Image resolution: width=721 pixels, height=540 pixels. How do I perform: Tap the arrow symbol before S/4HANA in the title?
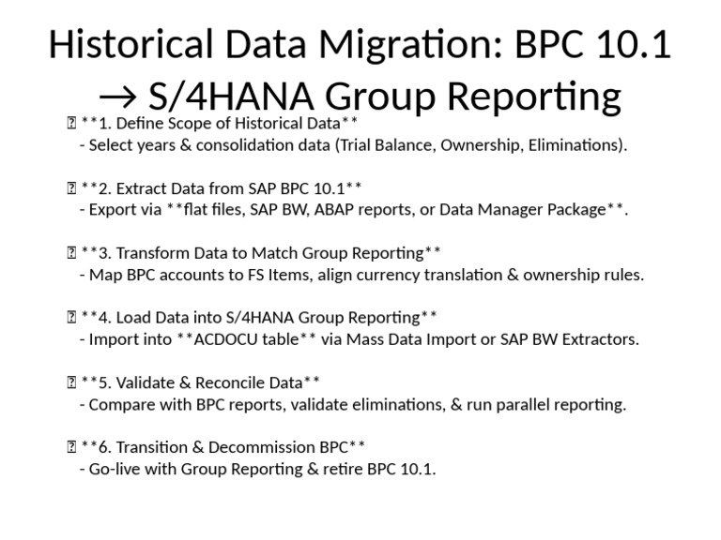pyautogui.click(x=117, y=97)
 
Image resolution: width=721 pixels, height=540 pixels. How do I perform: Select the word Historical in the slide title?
pyautogui.click(x=131, y=45)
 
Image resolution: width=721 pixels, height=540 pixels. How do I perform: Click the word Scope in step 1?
pyautogui.click(x=187, y=124)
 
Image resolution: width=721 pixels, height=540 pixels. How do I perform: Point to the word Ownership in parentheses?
pyautogui.click(x=482, y=145)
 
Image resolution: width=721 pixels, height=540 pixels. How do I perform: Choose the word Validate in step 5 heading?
pyautogui.click(x=145, y=382)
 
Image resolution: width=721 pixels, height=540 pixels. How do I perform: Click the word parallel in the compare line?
pyautogui.click(x=523, y=405)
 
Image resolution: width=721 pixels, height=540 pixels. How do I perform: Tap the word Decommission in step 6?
pyautogui.click(x=270, y=448)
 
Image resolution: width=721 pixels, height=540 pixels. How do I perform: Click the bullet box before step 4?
pyautogui.click(x=71, y=317)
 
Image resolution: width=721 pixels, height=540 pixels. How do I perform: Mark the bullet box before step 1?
pyautogui.click(x=71, y=123)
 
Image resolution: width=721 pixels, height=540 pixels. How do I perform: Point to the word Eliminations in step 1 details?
pyautogui.click(x=577, y=145)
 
